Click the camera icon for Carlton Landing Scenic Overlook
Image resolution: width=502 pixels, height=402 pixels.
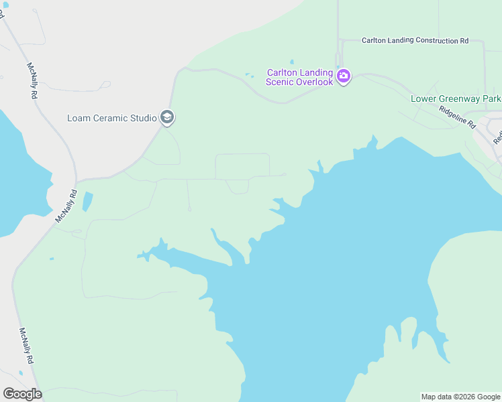tap(344, 76)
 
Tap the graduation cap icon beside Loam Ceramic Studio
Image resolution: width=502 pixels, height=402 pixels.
tap(166, 119)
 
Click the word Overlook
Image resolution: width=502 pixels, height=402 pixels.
tap(311, 82)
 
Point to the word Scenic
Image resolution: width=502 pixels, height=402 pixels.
tap(279, 82)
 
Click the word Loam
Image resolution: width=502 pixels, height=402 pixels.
tap(78, 119)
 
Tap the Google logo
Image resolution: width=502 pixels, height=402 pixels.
tap(22, 394)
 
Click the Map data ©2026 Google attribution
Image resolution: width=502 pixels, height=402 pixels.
tap(460, 397)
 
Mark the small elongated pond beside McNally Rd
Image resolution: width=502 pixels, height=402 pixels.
tap(87, 202)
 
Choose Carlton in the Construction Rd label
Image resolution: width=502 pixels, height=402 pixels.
tap(374, 41)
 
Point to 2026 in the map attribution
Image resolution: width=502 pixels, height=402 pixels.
tap(462, 397)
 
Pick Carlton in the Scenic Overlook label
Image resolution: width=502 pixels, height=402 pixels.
tap(282, 72)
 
